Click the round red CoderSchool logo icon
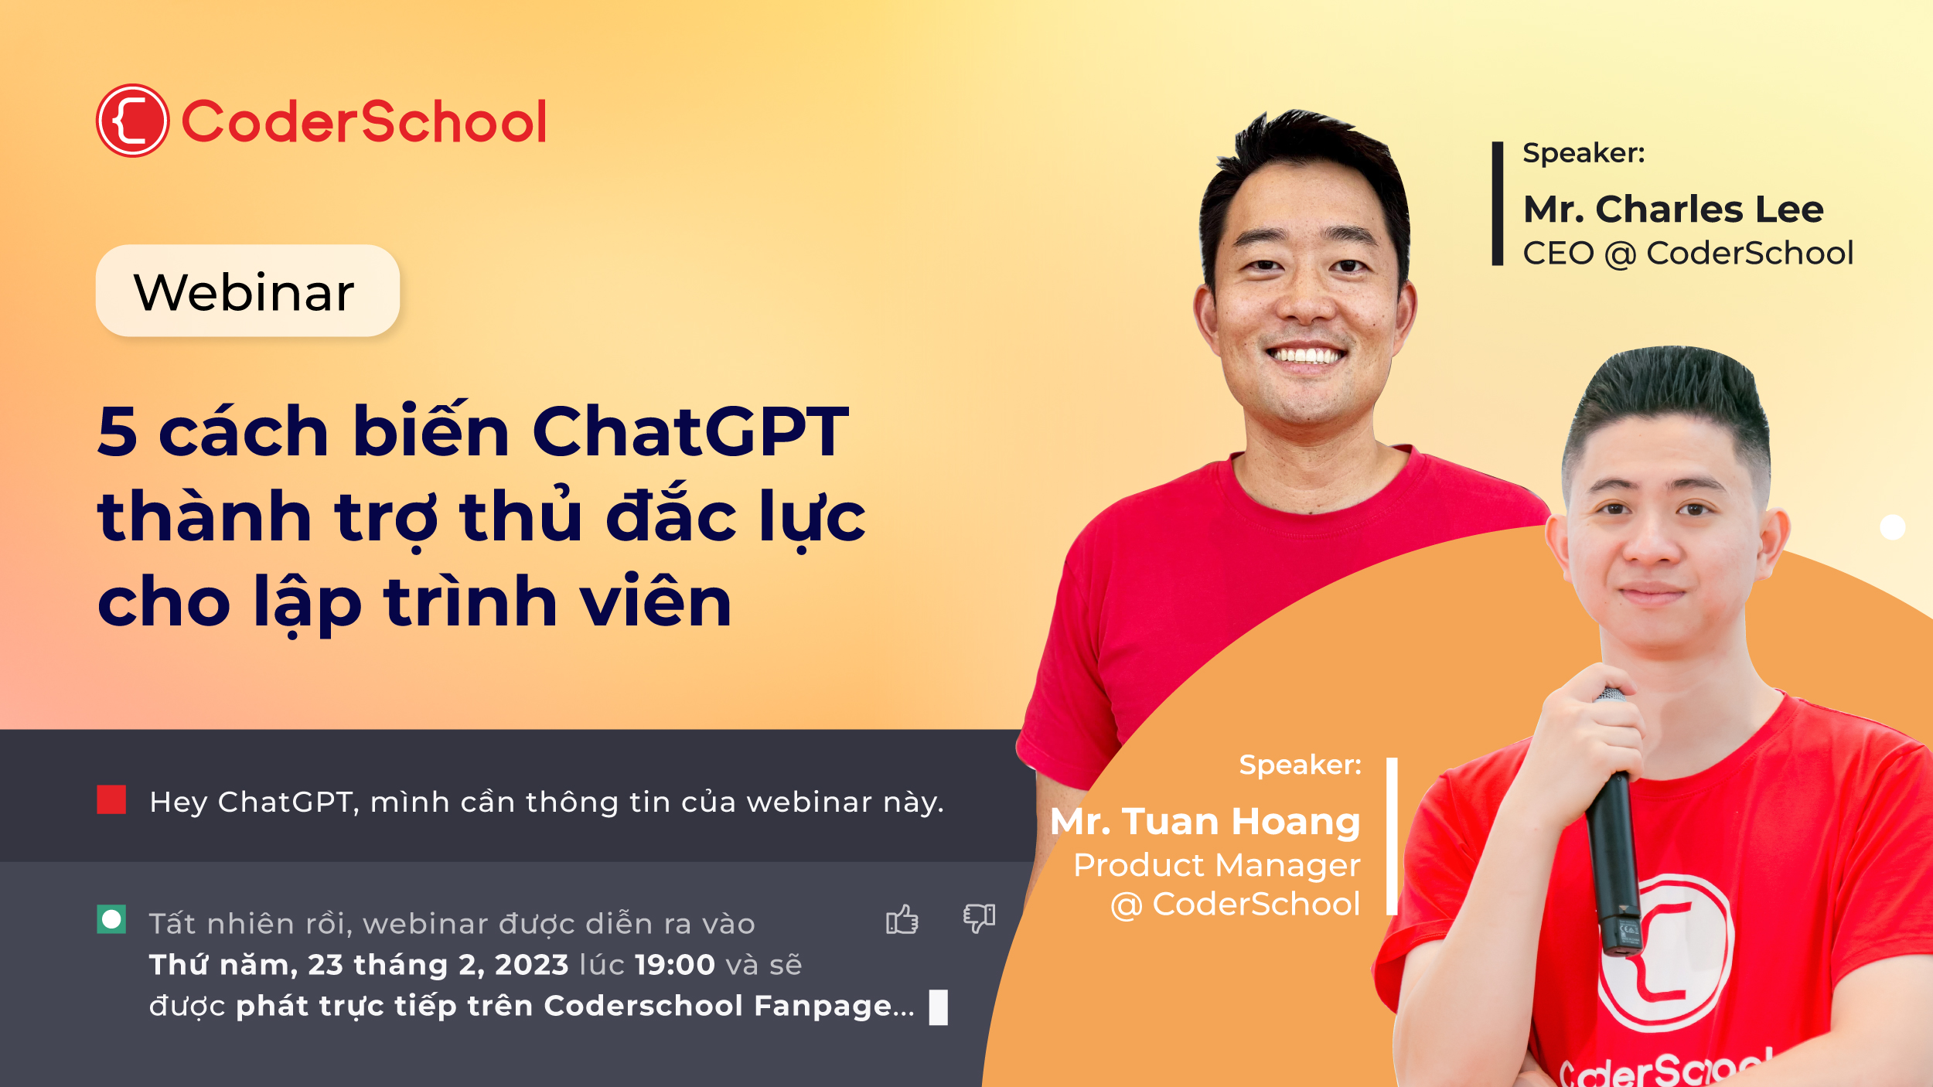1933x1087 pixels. tap(132, 121)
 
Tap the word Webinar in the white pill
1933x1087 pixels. tap(244, 292)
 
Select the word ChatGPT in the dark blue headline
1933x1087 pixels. tap(690, 431)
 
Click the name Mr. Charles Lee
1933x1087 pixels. tap(1673, 210)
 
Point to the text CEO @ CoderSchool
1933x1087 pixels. tap(1688, 254)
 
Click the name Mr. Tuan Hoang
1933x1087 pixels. tap(1205, 821)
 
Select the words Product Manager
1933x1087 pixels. tap(1216, 865)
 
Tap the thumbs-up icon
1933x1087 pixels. tap(902, 919)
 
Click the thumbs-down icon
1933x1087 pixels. tap(979, 918)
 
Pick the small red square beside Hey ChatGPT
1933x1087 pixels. tap(111, 799)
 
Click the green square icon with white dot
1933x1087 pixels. tap(111, 919)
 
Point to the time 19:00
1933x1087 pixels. tap(675, 965)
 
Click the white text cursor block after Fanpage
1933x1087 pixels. tap(938, 1007)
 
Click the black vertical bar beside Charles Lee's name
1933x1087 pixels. tap(1498, 203)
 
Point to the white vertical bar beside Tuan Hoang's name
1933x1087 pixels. tap(1392, 837)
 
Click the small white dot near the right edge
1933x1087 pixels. tap(1892, 527)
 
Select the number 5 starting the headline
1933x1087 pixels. tap(118, 431)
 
